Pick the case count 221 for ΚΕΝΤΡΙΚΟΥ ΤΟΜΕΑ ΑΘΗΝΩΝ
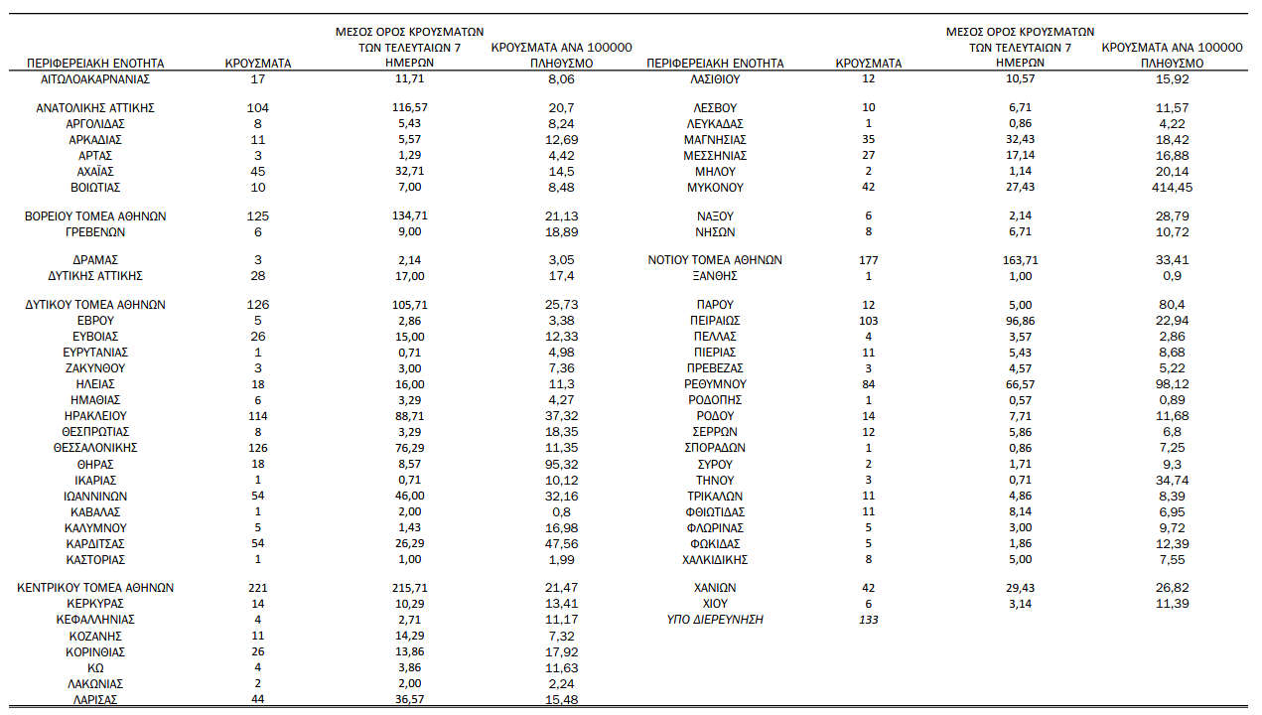[x=258, y=588]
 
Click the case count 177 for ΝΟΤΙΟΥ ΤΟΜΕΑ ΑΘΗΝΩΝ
[x=869, y=260]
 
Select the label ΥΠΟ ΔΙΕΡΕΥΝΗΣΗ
[x=715, y=620]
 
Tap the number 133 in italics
[x=869, y=620]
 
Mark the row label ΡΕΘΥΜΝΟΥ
[x=715, y=384]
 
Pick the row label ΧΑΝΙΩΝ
[x=715, y=588]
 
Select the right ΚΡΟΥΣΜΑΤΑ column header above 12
[x=869, y=64]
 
